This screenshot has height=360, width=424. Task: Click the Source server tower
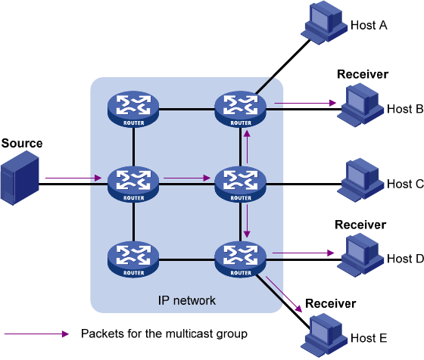(20, 178)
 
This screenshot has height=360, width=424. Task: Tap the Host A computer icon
(324, 23)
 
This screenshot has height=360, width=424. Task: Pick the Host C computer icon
(360, 180)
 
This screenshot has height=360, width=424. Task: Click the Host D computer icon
(360, 255)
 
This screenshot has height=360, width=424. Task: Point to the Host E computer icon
(324, 335)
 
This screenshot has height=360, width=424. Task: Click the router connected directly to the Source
(133, 185)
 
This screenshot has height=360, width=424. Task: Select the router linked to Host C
(241, 185)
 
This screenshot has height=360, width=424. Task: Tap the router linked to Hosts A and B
(241, 109)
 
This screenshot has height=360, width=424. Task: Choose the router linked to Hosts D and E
(241, 259)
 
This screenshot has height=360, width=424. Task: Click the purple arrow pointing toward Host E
(284, 294)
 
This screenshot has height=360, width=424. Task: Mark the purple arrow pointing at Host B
(305, 103)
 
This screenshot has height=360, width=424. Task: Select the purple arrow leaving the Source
(73, 178)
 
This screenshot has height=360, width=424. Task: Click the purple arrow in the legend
(37, 334)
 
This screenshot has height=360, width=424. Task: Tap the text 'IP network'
(187, 300)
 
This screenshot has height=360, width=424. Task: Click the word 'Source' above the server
(22, 143)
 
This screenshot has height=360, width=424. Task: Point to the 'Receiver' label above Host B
(363, 74)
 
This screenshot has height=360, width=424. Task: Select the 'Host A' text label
(369, 26)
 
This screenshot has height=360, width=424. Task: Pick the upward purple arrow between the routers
(247, 147)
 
